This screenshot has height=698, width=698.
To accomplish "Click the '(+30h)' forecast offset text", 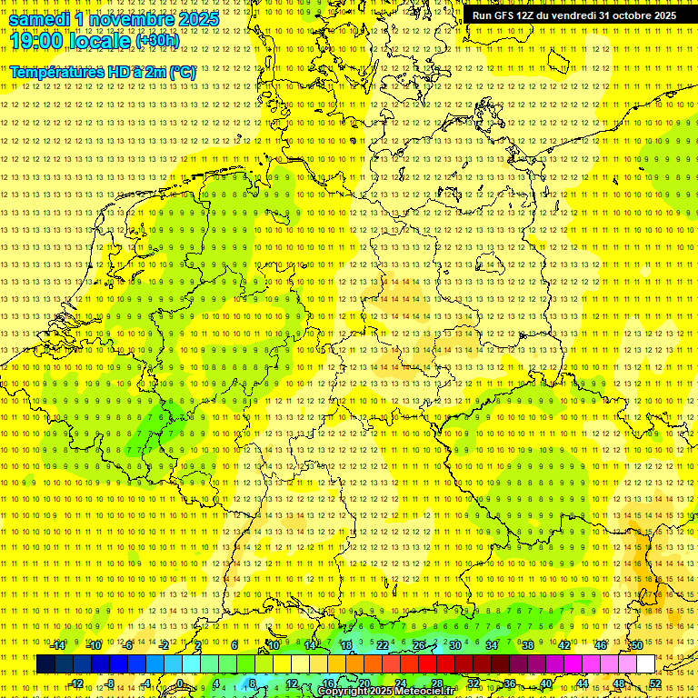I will tap(157, 41).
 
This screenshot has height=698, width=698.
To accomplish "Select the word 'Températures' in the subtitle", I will tap(57, 71).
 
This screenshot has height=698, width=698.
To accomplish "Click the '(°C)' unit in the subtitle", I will tap(182, 71).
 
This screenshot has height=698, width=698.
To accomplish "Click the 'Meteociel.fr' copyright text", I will tap(423, 692).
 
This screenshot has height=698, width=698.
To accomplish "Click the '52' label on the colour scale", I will tap(655, 683).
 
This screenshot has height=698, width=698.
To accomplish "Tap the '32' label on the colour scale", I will tap(474, 683).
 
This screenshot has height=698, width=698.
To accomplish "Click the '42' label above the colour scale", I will tap(563, 644).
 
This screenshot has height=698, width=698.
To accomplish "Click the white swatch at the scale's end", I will tap(645, 664).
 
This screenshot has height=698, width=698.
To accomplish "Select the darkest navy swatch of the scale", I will tap(45, 664).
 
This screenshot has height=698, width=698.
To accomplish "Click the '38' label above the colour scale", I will tap(527, 644).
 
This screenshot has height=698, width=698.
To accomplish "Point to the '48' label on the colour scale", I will tap(619, 683).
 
